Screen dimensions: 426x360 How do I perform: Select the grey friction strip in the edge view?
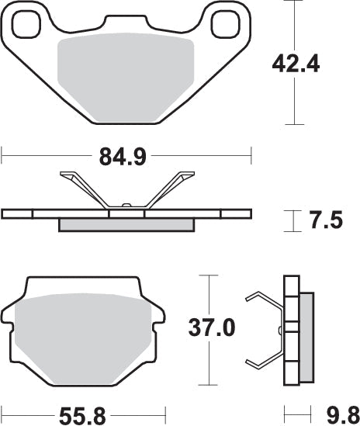click(x=126, y=225)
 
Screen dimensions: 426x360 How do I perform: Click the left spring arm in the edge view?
click(x=85, y=189)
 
